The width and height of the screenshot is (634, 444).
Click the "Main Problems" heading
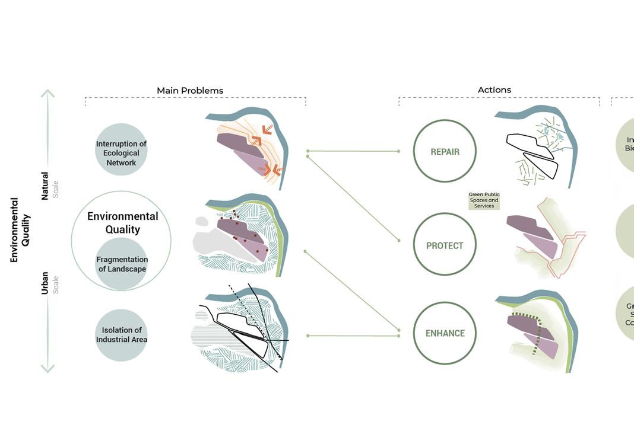click(190, 91)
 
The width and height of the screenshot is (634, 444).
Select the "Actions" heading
click(494, 90)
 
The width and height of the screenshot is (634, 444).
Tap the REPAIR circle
click(445, 151)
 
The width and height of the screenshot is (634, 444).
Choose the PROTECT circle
click(445, 245)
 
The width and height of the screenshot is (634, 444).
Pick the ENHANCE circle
click(445, 333)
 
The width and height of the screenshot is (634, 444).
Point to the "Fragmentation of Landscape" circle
click(121, 264)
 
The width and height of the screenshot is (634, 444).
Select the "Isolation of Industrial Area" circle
click(121, 335)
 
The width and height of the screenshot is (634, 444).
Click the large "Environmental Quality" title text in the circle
click(123, 223)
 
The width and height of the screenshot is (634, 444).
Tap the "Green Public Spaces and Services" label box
click(484, 200)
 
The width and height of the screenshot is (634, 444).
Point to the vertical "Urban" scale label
click(45, 283)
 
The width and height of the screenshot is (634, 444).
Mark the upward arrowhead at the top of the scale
click(47, 93)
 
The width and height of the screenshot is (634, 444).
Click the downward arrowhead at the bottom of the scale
click(47, 369)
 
